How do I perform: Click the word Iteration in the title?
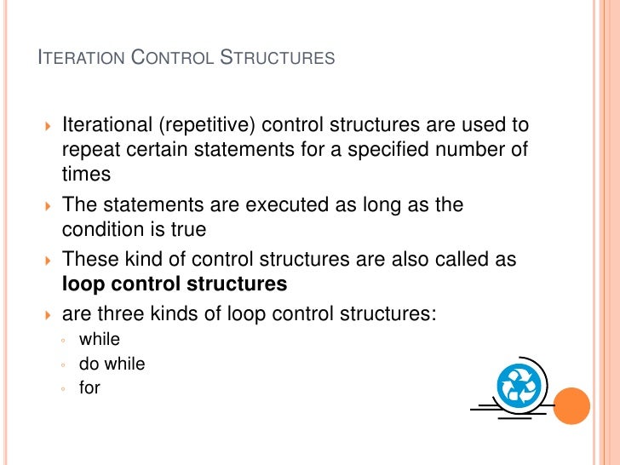(82, 59)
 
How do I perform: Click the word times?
(86, 175)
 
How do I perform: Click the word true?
(187, 230)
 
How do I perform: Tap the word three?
(119, 314)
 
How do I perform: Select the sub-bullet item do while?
(112, 364)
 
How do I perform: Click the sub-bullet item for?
(89, 387)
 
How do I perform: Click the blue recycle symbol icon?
(519, 386)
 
